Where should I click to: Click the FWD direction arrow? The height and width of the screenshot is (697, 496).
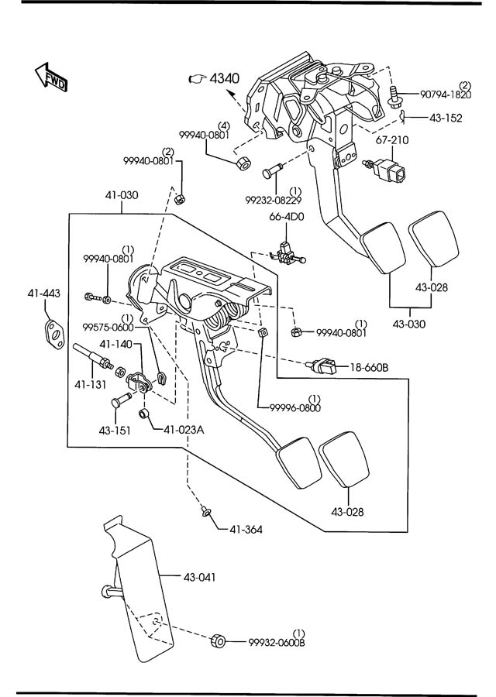[51, 77]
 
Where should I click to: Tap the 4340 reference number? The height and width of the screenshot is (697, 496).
[224, 79]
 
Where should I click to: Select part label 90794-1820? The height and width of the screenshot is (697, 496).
[446, 94]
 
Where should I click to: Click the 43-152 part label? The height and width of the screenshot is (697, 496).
[446, 118]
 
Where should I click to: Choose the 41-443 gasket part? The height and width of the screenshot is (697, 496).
[55, 332]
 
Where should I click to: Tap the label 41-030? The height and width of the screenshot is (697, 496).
[122, 194]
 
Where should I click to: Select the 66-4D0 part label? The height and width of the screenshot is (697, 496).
[286, 217]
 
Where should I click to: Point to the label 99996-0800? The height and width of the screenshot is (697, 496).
[295, 407]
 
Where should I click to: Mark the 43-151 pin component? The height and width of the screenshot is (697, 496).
[119, 400]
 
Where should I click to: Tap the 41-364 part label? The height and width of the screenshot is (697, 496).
[246, 530]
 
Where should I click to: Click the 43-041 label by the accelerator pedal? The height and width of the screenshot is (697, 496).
[199, 578]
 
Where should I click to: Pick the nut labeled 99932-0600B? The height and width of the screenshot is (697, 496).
[218, 640]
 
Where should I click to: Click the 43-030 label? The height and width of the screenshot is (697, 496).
[408, 324]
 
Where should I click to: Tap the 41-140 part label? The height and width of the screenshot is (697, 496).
[115, 344]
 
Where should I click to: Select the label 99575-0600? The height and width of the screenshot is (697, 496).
[108, 327]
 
